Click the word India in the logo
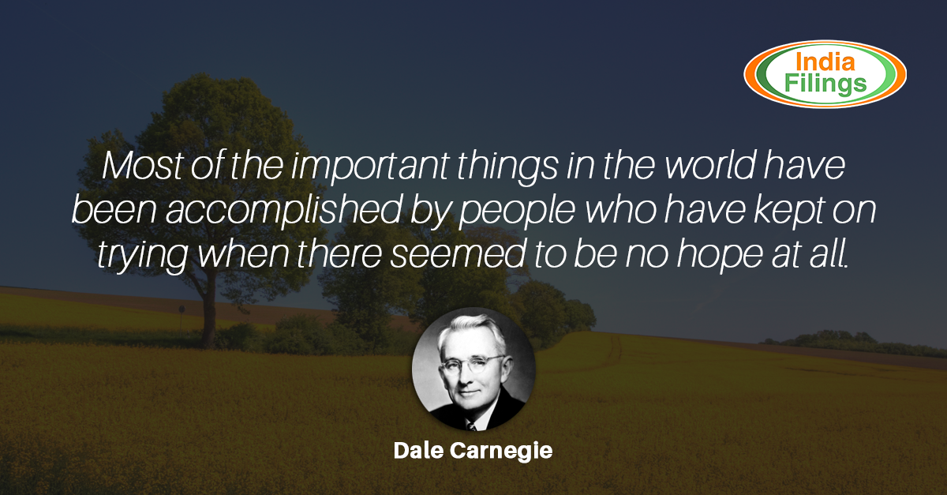click(x=825, y=62)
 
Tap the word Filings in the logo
click(x=825, y=84)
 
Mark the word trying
click(x=143, y=256)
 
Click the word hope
click(x=720, y=256)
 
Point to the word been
click(x=114, y=209)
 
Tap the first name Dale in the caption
click(x=418, y=451)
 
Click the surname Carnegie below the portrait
click(x=501, y=452)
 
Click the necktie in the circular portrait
click(x=470, y=426)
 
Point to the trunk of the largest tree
click(x=208, y=313)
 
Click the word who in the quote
click(x=621, y=209)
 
